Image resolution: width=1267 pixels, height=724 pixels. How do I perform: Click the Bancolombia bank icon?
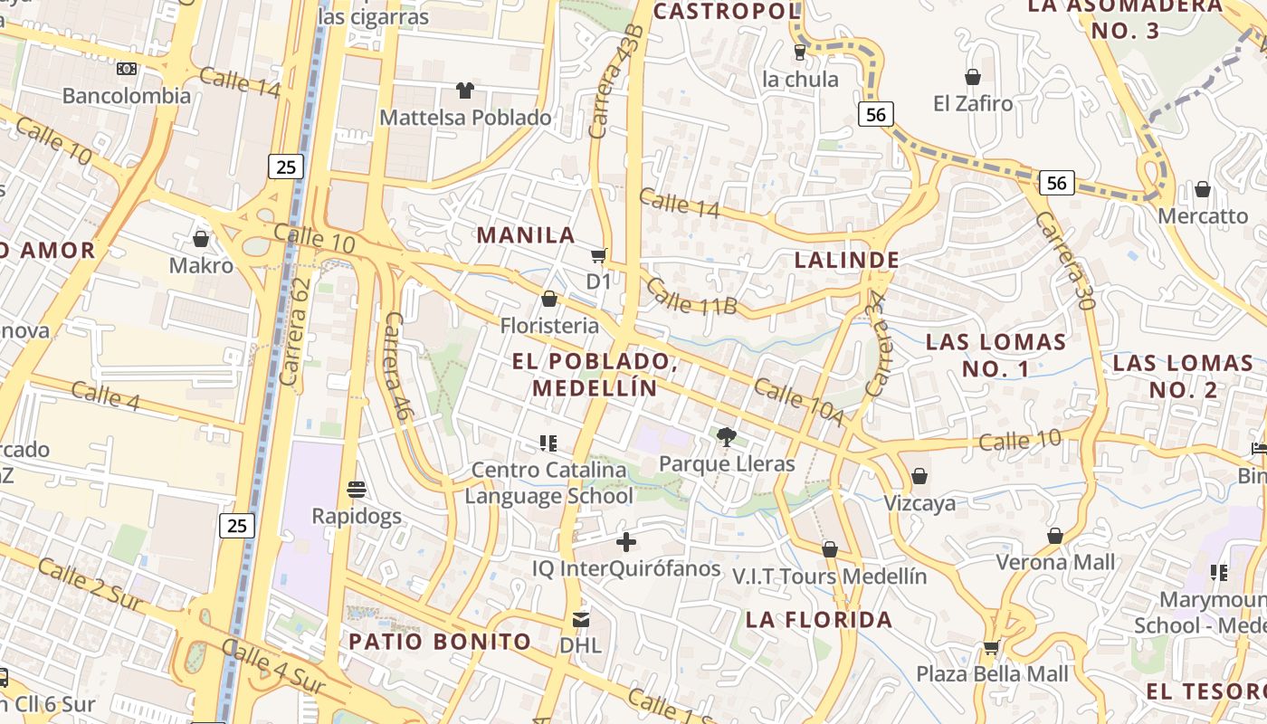pyautogui.click(x=127, y=69)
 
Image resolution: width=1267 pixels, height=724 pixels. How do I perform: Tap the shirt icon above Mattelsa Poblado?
pyautogui.click(x=465, y=90)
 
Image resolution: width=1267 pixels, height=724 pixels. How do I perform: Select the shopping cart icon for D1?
pyautogui.click(x=598, y=255)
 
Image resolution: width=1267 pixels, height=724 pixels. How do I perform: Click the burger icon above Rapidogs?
pyautogui.click(x=357, y=490)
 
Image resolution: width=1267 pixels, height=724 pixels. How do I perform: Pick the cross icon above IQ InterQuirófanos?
pyautogui.click(x=625, y=542)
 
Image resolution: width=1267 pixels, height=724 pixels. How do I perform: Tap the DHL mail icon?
pyautogui.click(x=580, y=620)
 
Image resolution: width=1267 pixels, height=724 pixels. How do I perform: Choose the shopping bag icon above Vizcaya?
pyautogui.click(x=919, y=476)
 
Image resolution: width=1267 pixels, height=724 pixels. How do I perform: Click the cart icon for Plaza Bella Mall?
pyautogui.click(x=992, y=648)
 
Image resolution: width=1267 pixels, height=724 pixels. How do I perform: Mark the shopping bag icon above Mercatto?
pyautogui.click(x=1203, y=189)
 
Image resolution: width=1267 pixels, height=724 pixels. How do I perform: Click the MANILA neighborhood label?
pyautogui.click(x=526, y=235)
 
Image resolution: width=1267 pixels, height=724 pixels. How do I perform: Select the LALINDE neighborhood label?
pyautogui.click(x=847, y=261)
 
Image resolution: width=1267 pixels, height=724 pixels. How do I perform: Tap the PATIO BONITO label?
pyautogui.click(x=440, y=642)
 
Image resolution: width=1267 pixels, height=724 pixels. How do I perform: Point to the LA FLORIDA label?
pyautogui.click(x=819, y=620)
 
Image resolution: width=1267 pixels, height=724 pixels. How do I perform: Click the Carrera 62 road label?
pyautogui.click(x=296, y=331)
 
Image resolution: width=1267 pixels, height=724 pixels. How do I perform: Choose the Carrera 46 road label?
pyautogui.click(x=396, y=366)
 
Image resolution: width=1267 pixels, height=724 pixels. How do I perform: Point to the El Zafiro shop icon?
pyautogui.click(x=973, y=77)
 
